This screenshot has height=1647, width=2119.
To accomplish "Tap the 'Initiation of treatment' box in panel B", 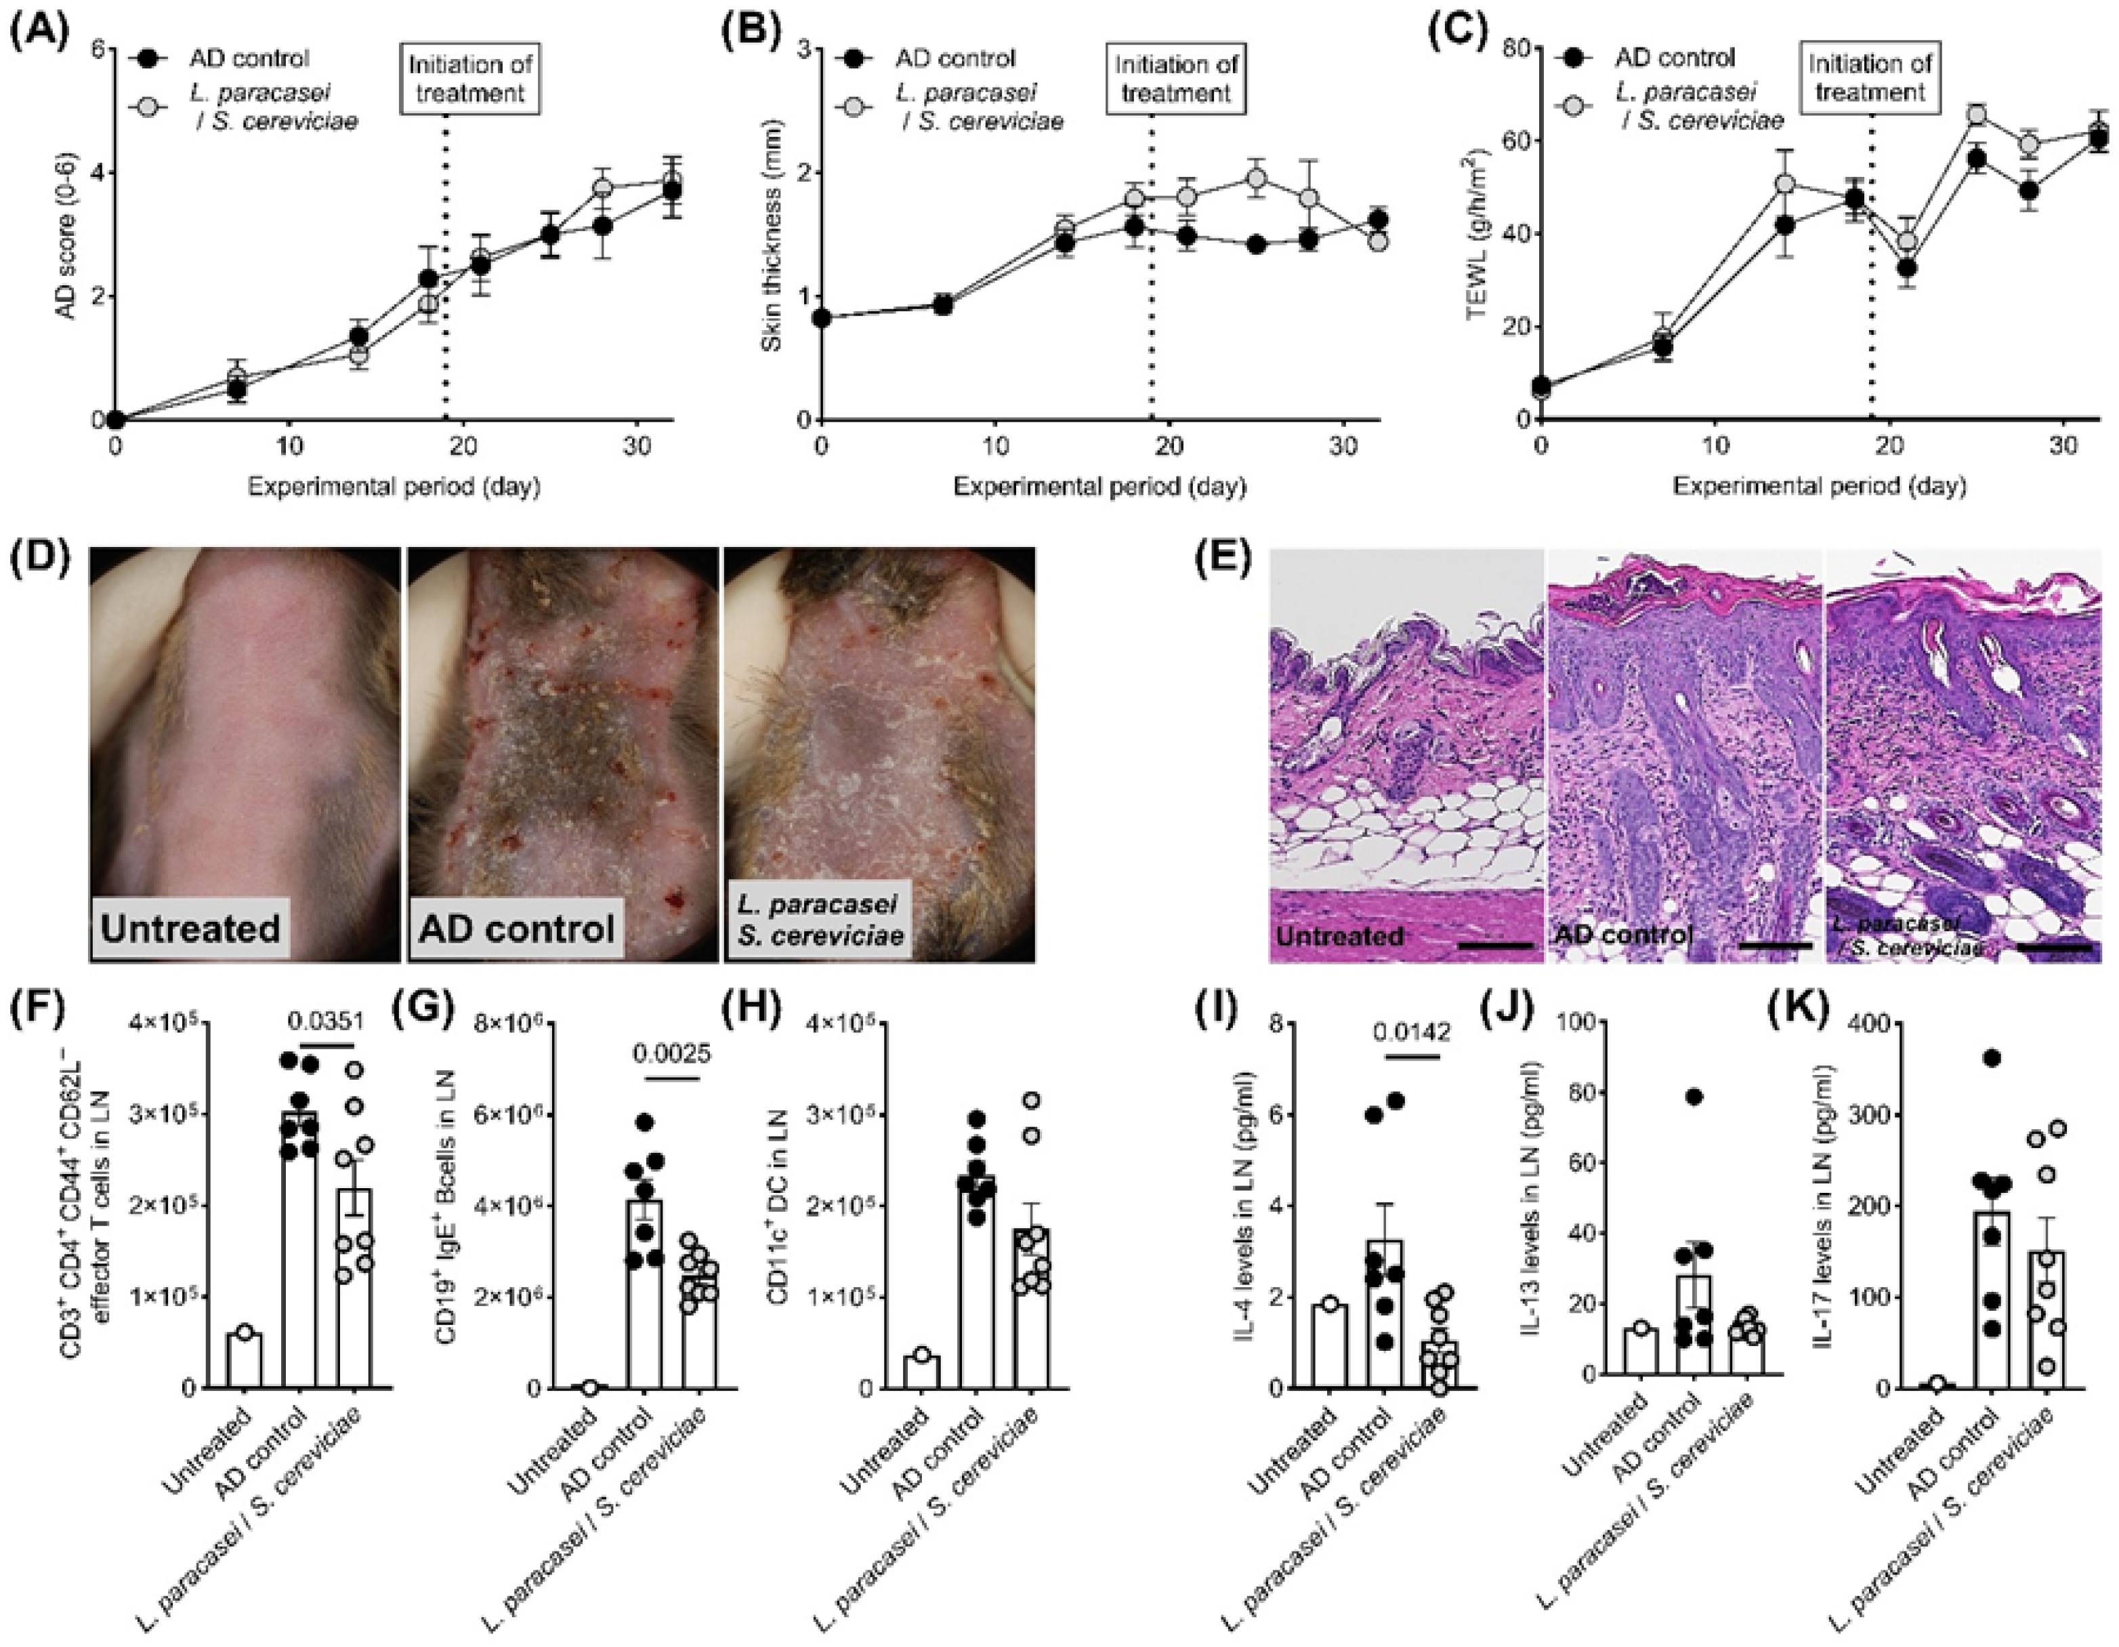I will pos(1177,79).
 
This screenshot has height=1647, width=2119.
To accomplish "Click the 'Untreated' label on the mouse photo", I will pos(191,928).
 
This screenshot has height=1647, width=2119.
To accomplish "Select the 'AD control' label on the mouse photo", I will pos(517,928).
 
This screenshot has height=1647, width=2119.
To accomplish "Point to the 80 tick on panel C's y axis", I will pos(1515,49).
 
